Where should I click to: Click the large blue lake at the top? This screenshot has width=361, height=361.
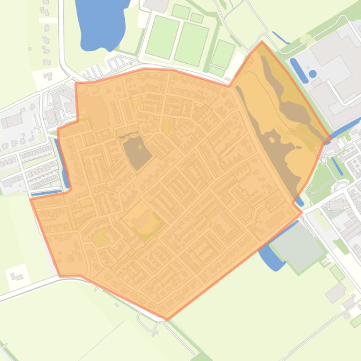[x=101, y=23]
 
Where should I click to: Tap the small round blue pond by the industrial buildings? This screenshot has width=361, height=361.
[x=313, y=74]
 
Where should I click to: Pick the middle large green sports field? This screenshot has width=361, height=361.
[x=191, y=43]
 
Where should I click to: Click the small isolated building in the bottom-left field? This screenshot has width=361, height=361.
[x=16, y=276]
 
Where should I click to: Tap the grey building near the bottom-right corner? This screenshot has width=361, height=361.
[x=335, y=293]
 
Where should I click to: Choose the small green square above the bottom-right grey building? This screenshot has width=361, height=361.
[x=337, y=272]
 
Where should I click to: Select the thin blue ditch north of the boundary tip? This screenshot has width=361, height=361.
[x=280, y=38]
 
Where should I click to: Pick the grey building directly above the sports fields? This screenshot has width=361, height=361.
[x=157, y=5]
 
